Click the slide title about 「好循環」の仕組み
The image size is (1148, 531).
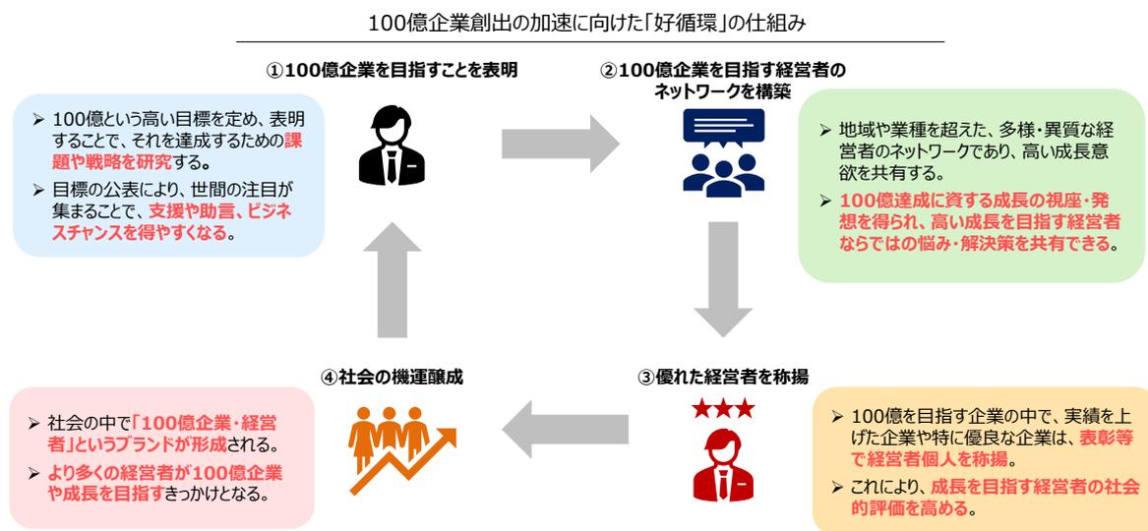[574, 22]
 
